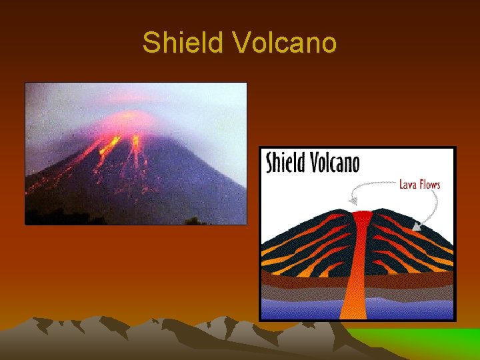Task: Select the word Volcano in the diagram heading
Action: tap(335, 163)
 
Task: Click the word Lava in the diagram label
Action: tap(407, 185)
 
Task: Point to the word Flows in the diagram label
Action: tap(429, 185)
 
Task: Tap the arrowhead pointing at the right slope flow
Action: tap(415, 227)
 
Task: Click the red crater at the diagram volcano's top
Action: tap(362, 215)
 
